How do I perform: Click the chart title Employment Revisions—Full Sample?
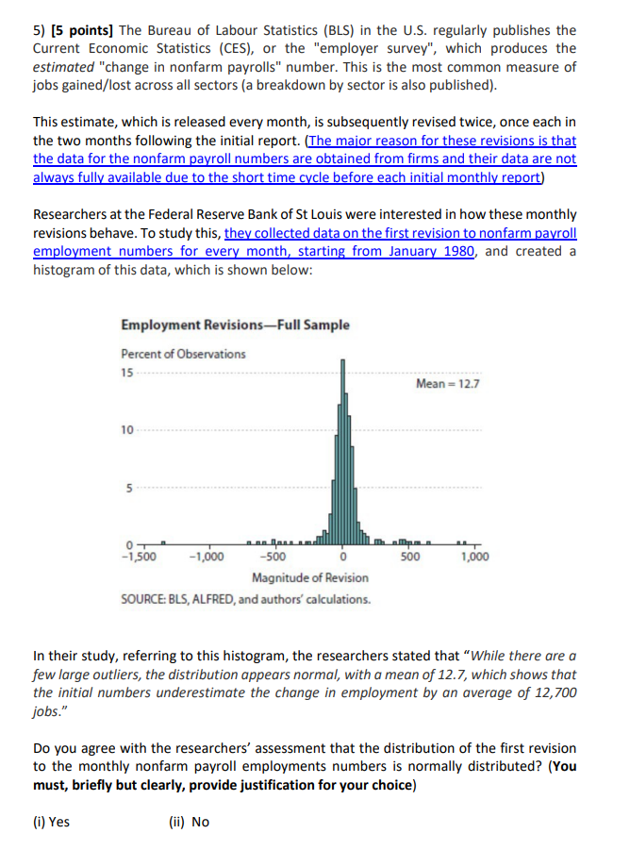click(235, 325)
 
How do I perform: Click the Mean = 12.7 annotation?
click(447, 384)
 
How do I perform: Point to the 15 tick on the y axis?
click(127, 371)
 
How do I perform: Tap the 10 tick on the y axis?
click(127, 430)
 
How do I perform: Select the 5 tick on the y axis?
click(129, 489)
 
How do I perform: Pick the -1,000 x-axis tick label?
click(207, 557)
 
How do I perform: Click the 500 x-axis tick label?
click(408, 557)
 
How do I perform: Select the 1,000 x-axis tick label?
click(475, 557)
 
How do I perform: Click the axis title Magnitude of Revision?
click(310, 576)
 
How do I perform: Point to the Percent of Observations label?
click(183, 354)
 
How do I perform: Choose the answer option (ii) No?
click(189, 822)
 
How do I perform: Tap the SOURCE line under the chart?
click(245, 599)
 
